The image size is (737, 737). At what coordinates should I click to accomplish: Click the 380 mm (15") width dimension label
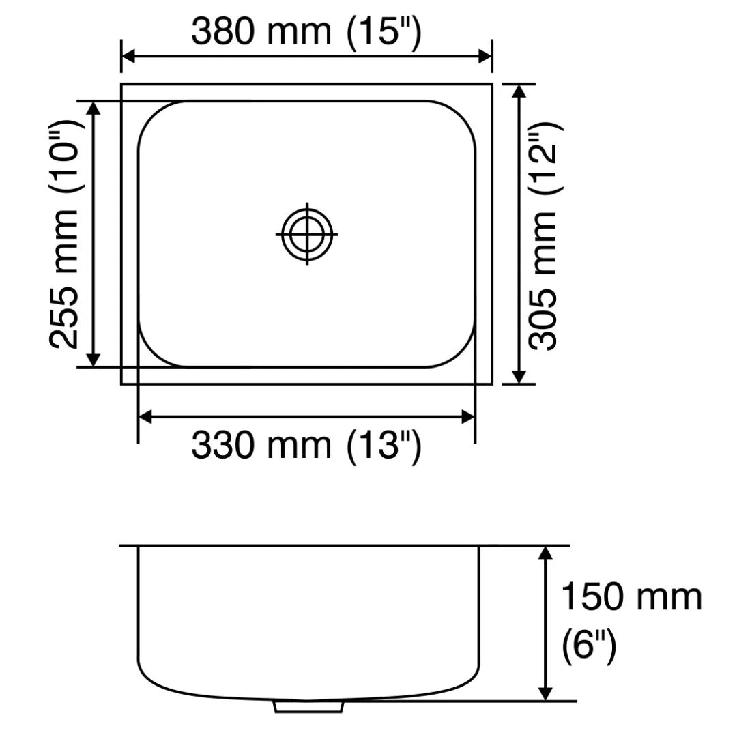tap(306, 31)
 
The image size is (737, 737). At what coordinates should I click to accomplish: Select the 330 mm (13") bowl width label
tap(306, 447)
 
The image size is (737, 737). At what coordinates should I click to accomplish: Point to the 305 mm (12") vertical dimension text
tap(546, 235)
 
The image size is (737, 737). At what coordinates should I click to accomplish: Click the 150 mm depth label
tap(631, 597)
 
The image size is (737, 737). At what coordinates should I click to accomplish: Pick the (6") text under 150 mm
tap(588, 646)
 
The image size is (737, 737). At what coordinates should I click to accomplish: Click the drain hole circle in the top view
tap(307, 234)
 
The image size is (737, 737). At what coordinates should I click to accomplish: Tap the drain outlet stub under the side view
tap(308, 706)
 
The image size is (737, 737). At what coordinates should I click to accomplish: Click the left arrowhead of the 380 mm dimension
tap(127, 57)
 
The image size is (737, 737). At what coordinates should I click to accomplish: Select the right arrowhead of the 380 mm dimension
tap(486, 57)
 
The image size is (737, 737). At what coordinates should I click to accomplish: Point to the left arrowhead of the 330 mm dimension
tap(144, 416)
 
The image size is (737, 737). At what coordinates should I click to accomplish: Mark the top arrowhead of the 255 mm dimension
tap(94, 106)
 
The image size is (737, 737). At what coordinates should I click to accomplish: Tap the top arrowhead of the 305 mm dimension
tap(519, 90)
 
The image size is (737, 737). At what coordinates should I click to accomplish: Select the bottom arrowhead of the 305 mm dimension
tap(519, 378)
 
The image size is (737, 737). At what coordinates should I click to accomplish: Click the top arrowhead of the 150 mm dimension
tap(545, 552)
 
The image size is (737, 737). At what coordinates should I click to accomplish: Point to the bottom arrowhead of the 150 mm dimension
tap(545, 695)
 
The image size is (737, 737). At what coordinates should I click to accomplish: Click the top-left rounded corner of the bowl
tap(154, 116)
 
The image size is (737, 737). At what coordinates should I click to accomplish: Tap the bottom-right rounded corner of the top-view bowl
tap(460, 352)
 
